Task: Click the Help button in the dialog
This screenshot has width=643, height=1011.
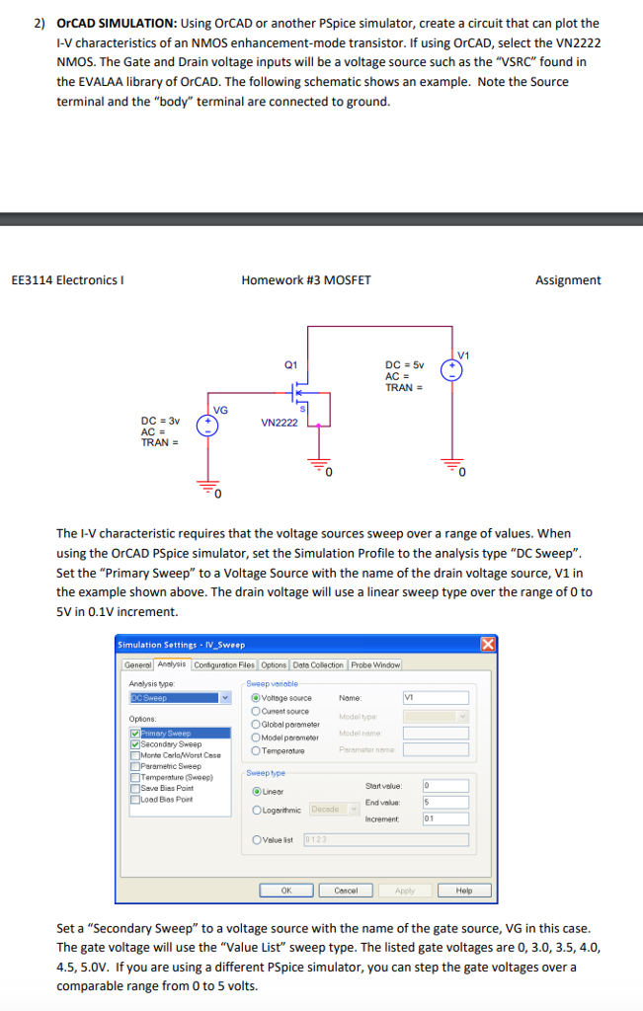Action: (464, 890)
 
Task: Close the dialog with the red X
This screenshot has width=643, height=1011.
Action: (487, 645)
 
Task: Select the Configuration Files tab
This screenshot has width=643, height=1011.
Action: (225, 664)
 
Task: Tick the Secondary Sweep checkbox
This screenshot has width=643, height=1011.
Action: (134, 744)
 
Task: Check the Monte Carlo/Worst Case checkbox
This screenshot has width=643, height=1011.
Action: (134, 755)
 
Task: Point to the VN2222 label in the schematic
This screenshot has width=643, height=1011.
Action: (279, 422)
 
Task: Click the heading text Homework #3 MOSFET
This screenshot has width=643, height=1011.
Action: (306, 280)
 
